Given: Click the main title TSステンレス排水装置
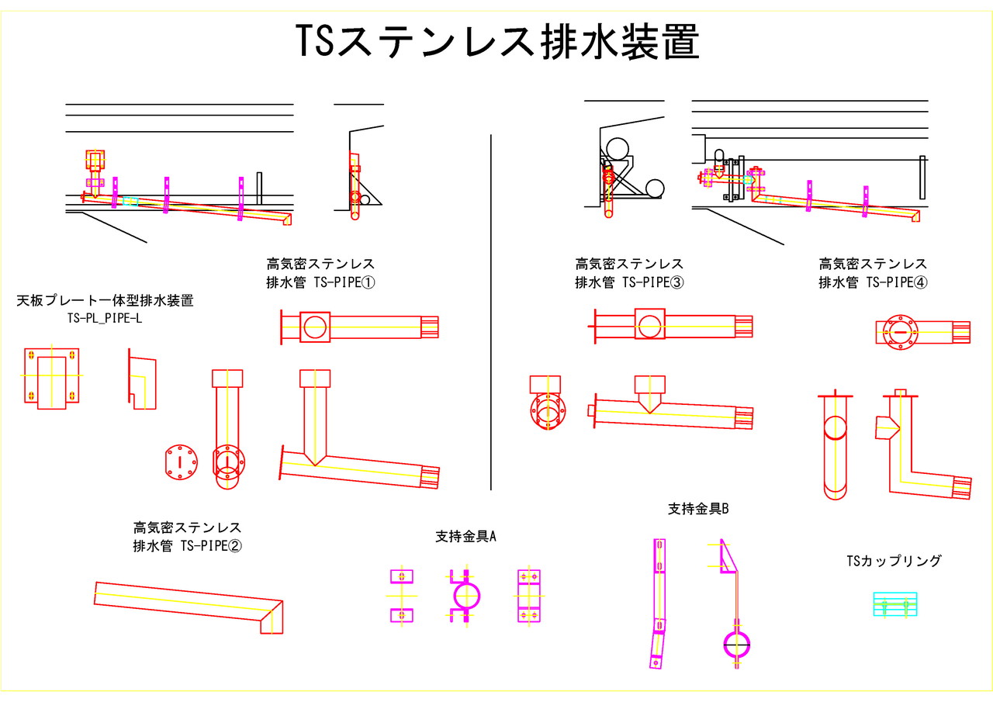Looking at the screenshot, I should point(497,42).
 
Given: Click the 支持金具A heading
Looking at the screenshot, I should point(465,536).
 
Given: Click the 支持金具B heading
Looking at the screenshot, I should point(698,509).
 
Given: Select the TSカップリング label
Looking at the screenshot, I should point(894,560).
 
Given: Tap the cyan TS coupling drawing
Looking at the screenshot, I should point(894,604).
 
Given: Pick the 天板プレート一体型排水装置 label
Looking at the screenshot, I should point(105,301).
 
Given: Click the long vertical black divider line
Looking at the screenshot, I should point(492,310).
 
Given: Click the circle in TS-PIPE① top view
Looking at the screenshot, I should point(315,327).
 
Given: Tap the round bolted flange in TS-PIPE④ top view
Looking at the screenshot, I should point(900,332).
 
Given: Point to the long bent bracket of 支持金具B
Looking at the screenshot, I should point(659,601).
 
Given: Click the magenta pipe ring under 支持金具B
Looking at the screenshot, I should point(737,643).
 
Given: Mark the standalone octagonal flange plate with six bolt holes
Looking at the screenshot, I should point(181,463).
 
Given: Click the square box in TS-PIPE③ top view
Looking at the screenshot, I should point(649,323).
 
